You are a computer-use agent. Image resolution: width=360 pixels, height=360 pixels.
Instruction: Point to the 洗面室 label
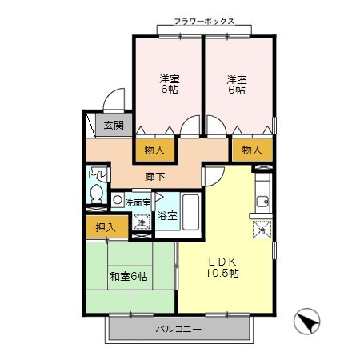coord(138,202)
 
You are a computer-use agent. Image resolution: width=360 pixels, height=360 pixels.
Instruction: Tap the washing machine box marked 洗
coord(141,222)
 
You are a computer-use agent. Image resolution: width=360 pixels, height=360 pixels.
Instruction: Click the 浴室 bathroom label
coord(166,215)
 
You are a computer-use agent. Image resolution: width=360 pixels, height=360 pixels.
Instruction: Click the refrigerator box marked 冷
coord(262,231)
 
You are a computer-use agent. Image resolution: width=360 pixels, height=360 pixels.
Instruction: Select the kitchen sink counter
coord(261,199)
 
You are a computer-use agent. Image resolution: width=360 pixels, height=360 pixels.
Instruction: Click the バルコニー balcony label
coord(178,330)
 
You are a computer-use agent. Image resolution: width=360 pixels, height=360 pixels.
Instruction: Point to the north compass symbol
coord(308,323)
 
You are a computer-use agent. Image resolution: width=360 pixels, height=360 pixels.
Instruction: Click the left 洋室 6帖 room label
coord(168,84)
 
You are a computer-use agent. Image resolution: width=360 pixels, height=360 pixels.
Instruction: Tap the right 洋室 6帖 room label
coord(235,84)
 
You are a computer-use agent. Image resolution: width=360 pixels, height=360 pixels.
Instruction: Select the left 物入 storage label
coord(154,149)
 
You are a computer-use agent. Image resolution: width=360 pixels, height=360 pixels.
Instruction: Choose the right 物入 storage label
coord(252,149)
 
